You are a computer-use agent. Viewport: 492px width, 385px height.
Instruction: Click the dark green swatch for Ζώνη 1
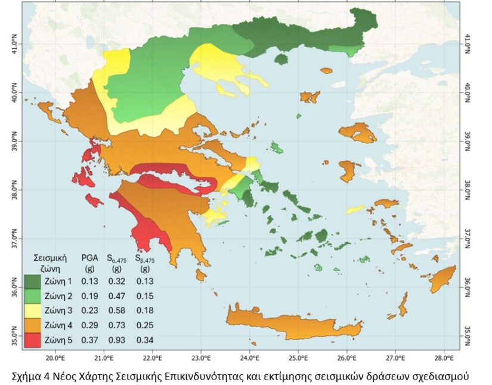point(33,281)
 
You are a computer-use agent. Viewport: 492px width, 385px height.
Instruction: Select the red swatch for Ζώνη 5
point(33,340)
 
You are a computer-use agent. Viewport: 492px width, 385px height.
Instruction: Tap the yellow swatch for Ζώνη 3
point(33,310)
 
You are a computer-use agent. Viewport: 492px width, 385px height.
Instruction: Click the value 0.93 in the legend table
point(117,340)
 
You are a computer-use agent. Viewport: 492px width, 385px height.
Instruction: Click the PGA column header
point(89,258)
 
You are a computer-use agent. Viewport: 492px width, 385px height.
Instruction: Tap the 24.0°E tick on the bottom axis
point(250,359)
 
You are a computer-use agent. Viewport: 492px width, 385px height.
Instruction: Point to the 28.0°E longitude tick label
point(444,359)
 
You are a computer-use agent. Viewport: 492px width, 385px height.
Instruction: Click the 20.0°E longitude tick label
point(55,359)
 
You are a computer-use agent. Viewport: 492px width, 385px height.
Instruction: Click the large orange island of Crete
point(292,322)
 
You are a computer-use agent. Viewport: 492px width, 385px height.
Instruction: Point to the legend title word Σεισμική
point(50,258)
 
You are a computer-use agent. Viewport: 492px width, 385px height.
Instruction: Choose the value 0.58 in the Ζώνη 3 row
point(117,310)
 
